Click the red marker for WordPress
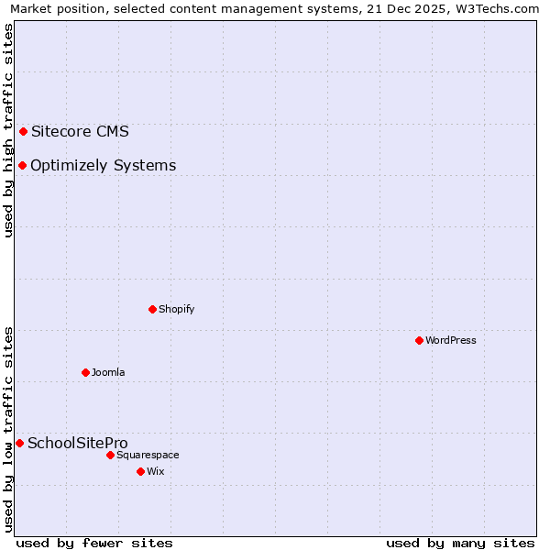(419, 340)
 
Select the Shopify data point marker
(152, 309)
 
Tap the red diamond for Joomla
(85, 372)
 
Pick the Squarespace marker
(110, 455)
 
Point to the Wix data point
(140, 471)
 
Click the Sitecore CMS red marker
(23, 131)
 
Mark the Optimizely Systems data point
(22, 165)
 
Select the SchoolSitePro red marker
(19, 443)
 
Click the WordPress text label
(451, 340)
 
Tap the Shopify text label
(177, 309)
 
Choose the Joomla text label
(108, 372)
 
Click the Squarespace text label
(148, 455)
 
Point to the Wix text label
(156, 471)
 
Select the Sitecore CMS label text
(80, 131)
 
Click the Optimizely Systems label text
(103, 165)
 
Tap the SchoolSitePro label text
(78, 443)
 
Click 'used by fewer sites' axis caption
(94, 543)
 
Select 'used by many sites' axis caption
(460, 543)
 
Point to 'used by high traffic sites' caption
(8, 130)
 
